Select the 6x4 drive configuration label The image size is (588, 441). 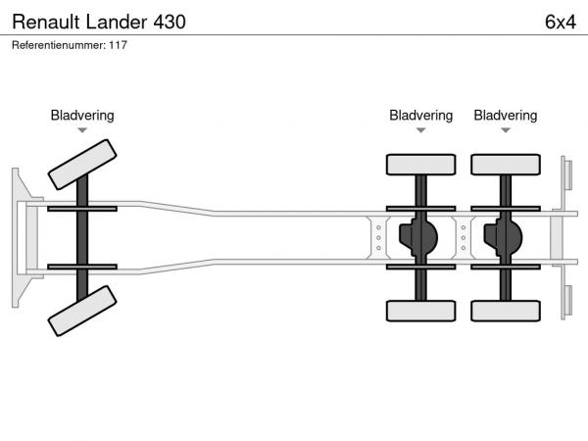pyautogui.click(x=560, y=21)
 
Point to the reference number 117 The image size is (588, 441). pyautogui.click(x=119, y=45)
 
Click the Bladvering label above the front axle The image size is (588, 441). pyautogui.click(x=82, y=116)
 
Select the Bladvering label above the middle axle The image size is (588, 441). pyautogui.click(x=420, y=116)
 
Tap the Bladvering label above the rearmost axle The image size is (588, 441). pyautogui.click(x=505, y=116)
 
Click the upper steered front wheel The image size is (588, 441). pyautogui.click(x=82, y=163)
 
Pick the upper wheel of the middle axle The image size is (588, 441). pyautogui.click(x=420, y=165)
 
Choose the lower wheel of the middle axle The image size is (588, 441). pyautogui.click(x=420, y=311)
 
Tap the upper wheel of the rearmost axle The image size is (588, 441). pyautogui.click(x=505, y=165)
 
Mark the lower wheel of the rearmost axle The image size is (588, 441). pyautogui.click(x=505, y=311)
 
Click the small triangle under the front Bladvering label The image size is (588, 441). pyautogui.click(x=82, y=130)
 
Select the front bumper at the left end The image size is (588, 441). pyautogui.click(x=19, y=236)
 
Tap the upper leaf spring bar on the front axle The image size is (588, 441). pyautogui.click(x=82, y=209)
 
